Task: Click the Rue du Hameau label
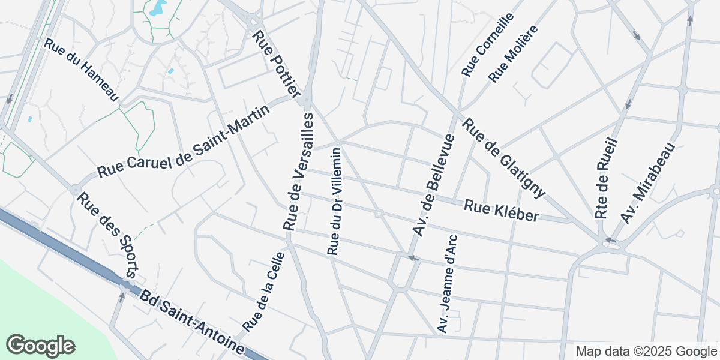click(82, 70)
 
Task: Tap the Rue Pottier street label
click(277, 64)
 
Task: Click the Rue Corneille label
click(488, 45)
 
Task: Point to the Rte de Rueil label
click(607, 178)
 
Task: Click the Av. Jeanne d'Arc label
click(448, 284)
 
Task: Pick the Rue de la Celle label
click(263, 291)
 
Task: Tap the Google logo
click(40, 346)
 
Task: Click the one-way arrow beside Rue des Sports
click(122, 296)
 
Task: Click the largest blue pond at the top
click(157, 8)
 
